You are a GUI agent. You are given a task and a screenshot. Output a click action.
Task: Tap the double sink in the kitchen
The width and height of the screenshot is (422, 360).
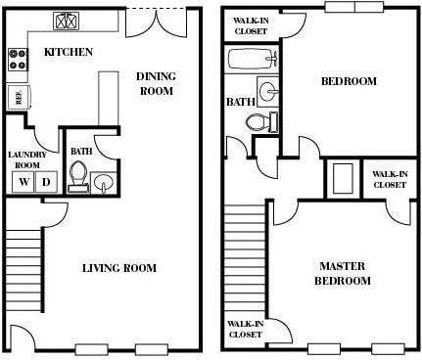pos(69,20)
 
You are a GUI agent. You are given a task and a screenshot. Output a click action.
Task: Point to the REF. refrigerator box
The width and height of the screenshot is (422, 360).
pos(17,96)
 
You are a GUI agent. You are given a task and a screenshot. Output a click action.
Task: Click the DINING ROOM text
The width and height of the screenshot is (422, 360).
pos(154,83)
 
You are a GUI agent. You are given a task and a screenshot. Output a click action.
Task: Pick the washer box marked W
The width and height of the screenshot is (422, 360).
pos(23,181)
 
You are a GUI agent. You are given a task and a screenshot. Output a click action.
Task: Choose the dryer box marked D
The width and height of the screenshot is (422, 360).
pos(45,181)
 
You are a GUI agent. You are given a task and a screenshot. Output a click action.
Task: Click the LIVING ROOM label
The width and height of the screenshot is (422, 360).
pos(118,268)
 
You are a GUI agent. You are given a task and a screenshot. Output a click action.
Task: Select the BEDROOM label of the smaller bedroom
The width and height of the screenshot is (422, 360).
pos(349,82)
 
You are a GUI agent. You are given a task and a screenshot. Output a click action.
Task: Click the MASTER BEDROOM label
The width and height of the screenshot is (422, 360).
pos(343,273)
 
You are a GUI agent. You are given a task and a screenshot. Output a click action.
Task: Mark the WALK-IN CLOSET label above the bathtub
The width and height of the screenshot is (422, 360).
pos(251,24)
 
